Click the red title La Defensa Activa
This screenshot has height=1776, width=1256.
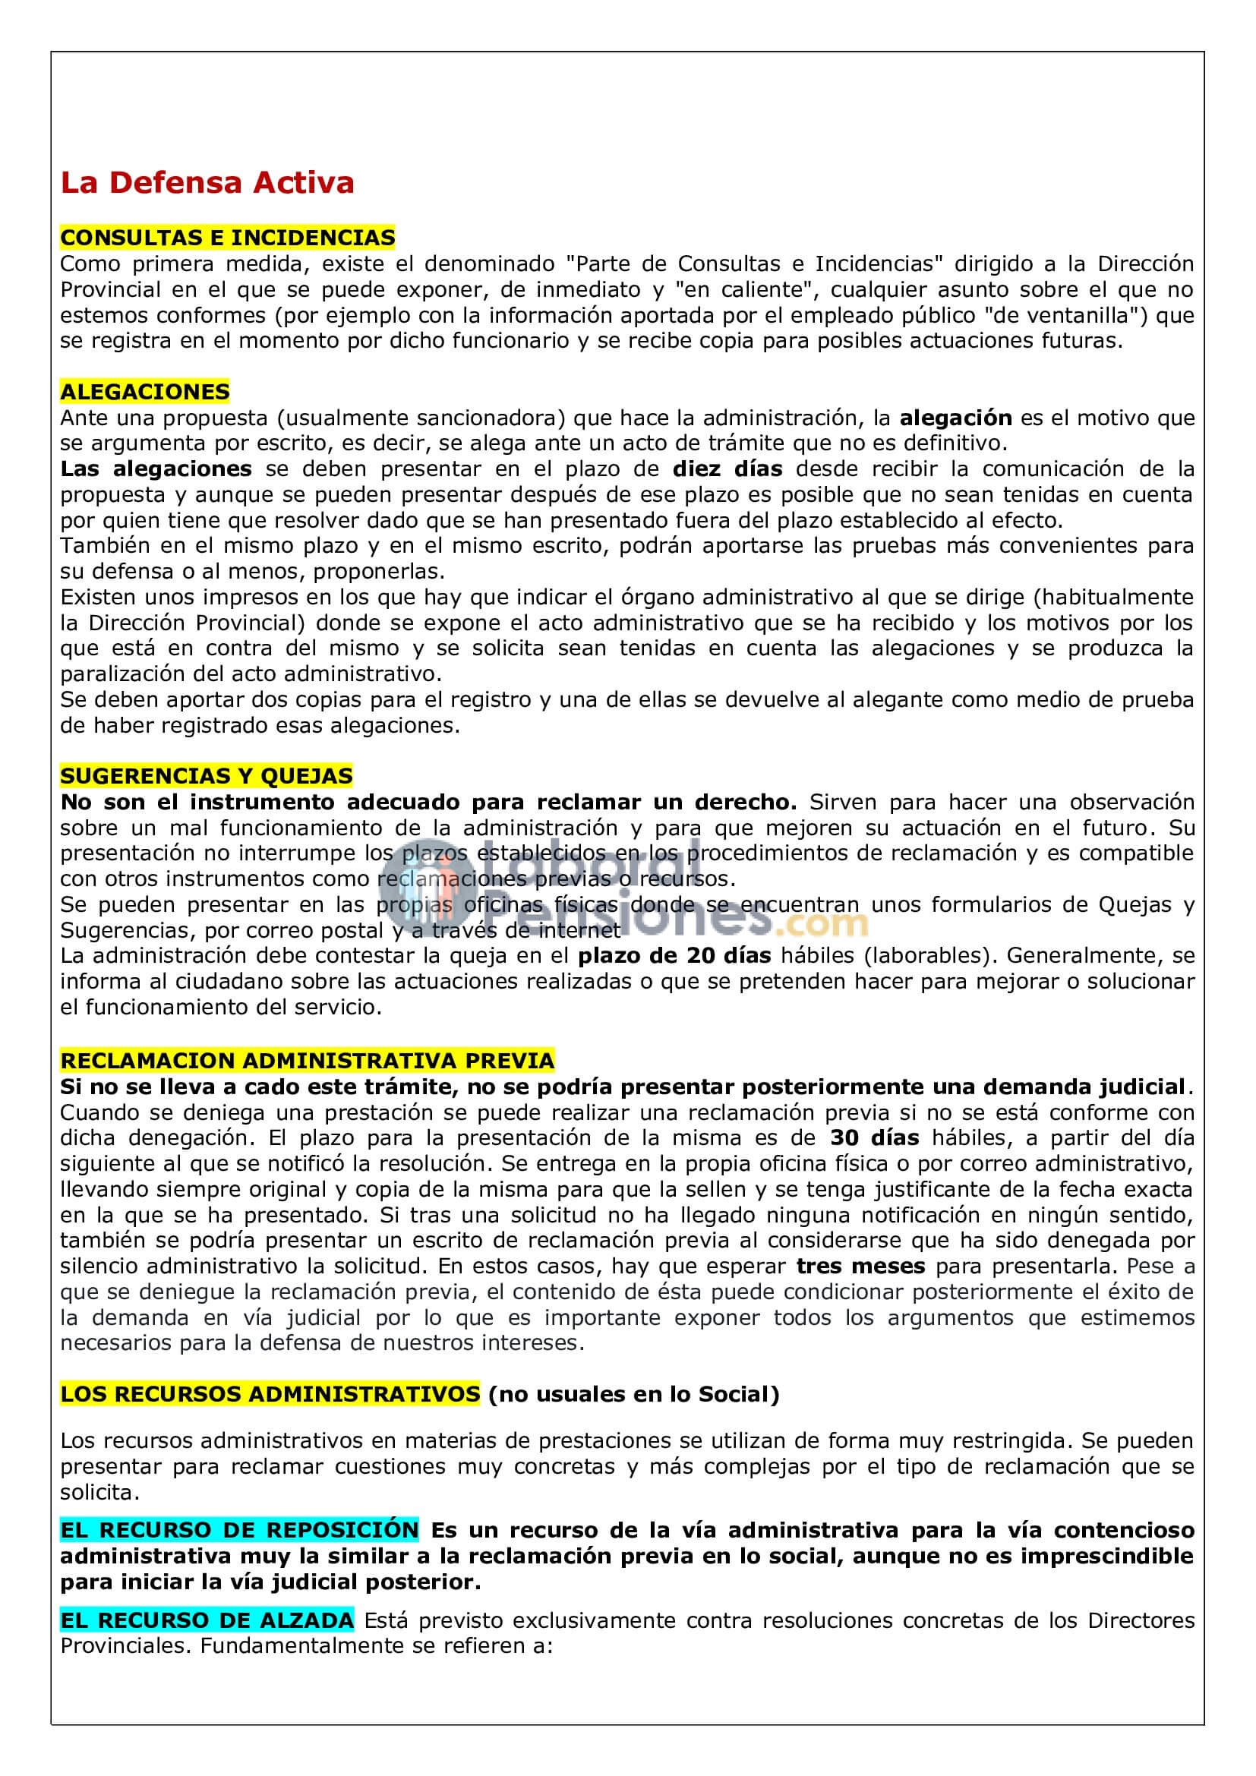(x=207, y=183)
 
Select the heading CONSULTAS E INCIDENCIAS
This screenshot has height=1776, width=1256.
(x=227, y=238)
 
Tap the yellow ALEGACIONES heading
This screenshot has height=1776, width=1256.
(x=144, y=391)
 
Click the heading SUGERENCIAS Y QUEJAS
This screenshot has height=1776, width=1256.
(x=207, y=776)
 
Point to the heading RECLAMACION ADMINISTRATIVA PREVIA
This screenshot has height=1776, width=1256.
(x=307, y=1061)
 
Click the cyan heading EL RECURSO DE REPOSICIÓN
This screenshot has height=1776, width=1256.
(x=240, y=1530)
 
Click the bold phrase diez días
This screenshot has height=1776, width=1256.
(x=727, y=468)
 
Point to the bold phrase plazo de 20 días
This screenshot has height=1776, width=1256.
(x=674, y=956)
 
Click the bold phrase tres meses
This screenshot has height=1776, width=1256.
(x=861, y=1267)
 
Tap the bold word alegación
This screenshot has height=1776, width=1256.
(x=956, y=418)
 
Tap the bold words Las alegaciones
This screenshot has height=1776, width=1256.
(x=156, y=468)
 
